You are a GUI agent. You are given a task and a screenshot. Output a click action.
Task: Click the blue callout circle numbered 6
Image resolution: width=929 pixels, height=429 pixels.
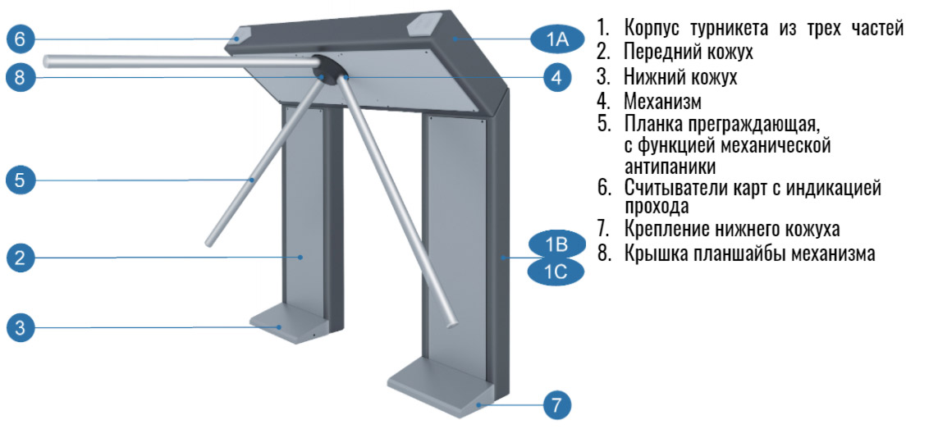click(x=21, y=39)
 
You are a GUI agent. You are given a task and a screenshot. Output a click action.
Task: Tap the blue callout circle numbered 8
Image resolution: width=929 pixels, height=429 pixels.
click(x=21, y=78)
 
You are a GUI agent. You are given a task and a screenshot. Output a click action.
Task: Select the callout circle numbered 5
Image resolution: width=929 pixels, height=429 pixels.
click(x=21, y=180)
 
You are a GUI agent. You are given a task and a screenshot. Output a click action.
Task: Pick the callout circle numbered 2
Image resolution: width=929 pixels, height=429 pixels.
click(x=21, y=258)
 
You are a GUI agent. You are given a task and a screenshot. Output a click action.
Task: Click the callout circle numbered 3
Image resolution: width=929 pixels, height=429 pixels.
click(x=21, y=327)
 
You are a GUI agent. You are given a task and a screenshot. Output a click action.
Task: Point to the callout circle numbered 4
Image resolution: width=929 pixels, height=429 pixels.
click(x=556, y=77)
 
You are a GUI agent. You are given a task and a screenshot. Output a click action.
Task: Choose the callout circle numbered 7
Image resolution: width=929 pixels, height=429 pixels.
click(x=556, y=406)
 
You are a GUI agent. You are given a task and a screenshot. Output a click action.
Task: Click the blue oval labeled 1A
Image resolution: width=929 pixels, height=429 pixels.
click(x=557, y=39)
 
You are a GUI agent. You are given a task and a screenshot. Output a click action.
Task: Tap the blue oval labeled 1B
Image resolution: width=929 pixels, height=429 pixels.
click(x=557, y=244)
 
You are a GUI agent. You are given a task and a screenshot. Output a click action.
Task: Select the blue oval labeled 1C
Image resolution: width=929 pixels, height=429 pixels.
click(x=557, y=272)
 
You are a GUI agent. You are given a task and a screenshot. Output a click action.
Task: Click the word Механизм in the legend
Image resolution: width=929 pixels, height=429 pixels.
click(x=662, y=102)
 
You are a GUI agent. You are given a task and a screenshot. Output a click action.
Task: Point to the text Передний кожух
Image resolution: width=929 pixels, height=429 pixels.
click(x=688, y=52)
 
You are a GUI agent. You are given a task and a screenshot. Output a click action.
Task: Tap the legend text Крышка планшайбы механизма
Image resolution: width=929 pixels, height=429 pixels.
click(x=749, y=253)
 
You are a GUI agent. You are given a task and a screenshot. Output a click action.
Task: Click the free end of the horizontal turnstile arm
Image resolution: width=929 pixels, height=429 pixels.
click(x=48, y=60)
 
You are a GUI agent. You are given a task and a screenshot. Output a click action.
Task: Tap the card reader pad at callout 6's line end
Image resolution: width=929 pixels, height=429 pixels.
click(x=240, y=34)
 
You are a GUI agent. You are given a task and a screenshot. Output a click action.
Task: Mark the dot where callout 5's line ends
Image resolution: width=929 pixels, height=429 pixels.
click(x=252, y=179)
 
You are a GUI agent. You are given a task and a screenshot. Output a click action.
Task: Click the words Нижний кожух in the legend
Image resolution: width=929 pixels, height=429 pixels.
click(x=680, y=77)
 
